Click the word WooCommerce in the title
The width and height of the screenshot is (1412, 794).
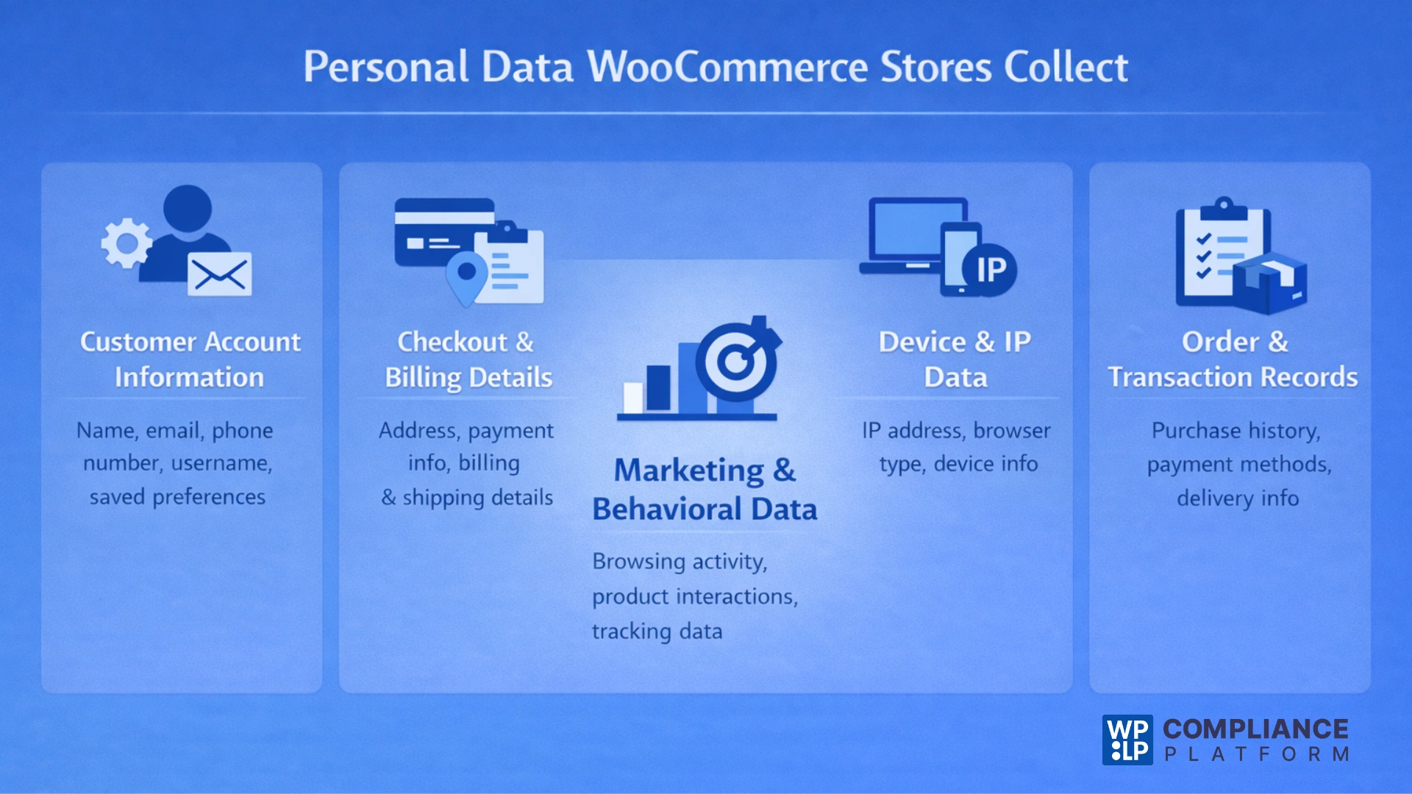[x=728, y=67]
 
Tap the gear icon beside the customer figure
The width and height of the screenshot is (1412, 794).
[x=126, y=243]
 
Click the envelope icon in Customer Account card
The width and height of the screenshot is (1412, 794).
[x=219, y=275]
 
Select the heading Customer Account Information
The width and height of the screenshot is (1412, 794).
[x=190, y=360]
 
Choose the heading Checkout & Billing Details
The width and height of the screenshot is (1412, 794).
[x=468, y=360]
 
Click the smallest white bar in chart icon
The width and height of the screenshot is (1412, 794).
[x=632, y=397]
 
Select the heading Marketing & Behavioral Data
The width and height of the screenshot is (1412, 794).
[x=705, y=490]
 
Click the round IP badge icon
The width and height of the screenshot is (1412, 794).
[x=990, y=270]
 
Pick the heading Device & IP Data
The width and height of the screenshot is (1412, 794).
[x=955, y=360]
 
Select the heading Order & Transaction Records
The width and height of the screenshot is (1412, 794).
[x=1233, y=360]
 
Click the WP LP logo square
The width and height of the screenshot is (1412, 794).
[x=1127, y=740]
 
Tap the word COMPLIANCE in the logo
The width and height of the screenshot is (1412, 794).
[x=1255, y=729]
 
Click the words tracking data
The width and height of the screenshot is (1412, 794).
[x=657, y=632]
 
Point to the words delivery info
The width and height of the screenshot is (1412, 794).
[x=1238, y=498]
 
